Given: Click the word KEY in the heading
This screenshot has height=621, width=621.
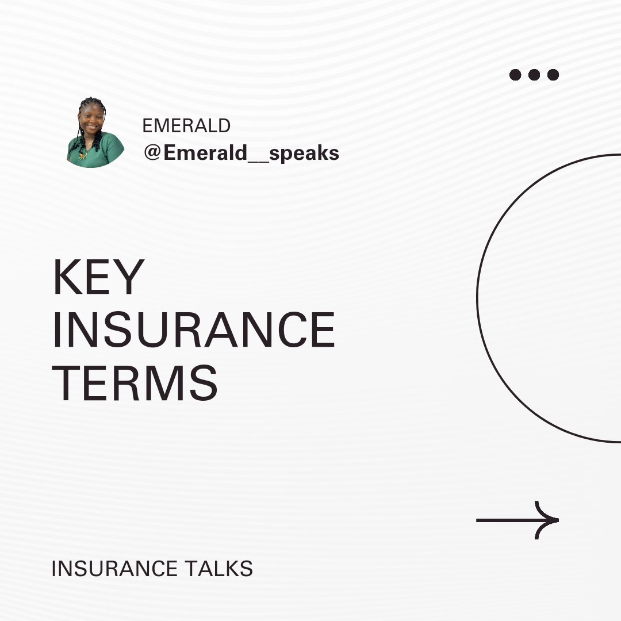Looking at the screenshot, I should [98, 277].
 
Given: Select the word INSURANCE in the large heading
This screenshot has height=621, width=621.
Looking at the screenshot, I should [194, 331].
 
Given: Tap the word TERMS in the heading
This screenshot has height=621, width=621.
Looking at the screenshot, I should [135, 383].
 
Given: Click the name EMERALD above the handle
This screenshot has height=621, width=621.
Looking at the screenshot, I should [186, 125].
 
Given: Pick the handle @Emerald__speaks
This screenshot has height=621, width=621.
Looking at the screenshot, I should [241, 153].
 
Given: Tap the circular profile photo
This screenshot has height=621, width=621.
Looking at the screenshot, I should [95, 133].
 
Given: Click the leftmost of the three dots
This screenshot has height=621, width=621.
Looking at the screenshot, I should [515, 75].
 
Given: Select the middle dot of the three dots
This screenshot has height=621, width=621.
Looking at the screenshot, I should [534, 75].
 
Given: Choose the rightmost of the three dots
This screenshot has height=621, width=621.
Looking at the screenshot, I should [553, 75].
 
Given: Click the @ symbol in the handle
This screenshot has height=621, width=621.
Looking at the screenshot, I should [152, 153].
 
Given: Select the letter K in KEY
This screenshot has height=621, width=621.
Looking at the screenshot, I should [66, 277].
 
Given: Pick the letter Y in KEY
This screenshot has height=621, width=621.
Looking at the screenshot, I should [130, 277].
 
